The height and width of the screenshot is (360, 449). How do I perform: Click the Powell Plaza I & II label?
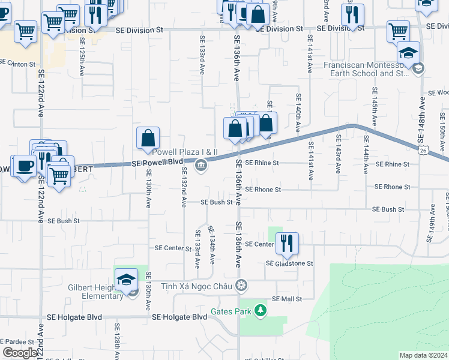tap(188, 152)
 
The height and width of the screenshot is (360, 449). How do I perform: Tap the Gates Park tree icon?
tap(260, 310)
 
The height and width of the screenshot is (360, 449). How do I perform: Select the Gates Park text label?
tap(230, 312)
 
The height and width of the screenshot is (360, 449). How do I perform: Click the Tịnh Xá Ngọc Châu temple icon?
tap(241, 286)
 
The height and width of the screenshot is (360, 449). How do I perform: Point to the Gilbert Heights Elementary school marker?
tap(127, 281)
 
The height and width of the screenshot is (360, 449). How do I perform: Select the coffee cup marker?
tap(24, 166)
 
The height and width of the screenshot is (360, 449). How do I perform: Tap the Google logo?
tap(20, 353)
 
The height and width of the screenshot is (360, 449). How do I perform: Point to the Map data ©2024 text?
tap(423, 355)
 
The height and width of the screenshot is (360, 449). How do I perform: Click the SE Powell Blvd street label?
tap(157, 163)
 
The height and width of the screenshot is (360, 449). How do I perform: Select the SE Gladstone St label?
tap(289, 263)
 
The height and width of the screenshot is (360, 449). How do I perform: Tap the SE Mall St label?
tap(285, 298)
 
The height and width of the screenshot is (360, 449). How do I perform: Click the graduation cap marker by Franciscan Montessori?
tap(408, 54)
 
